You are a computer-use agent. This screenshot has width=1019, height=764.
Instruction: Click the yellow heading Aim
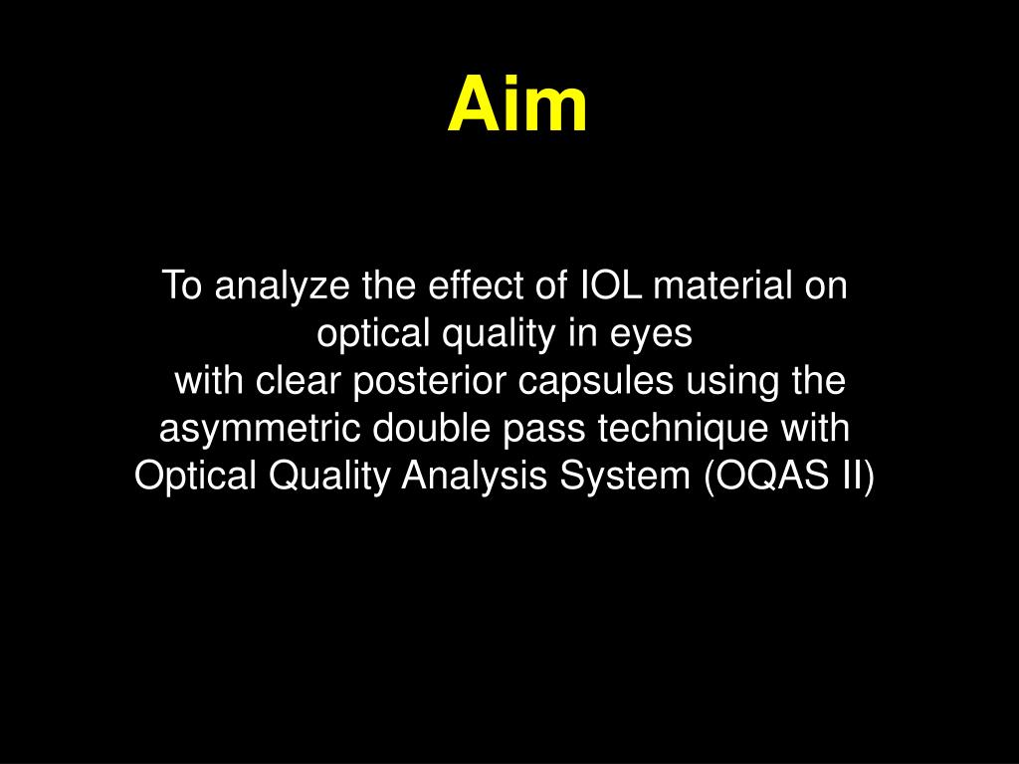coord(517,106)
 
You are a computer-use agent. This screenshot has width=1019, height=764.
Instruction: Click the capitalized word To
coord(183,286)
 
